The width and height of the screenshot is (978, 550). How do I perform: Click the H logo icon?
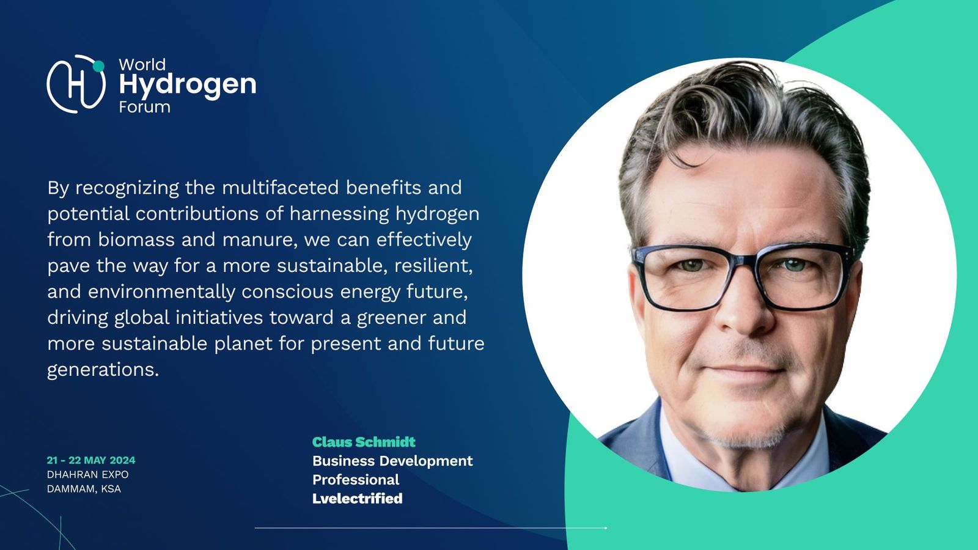[x=76, y=84]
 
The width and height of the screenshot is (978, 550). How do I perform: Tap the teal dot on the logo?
[x=98, y=66]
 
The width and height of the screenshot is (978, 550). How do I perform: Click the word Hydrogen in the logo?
[x=187, y=85]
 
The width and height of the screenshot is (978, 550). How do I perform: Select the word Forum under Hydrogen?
[x=144, y=108]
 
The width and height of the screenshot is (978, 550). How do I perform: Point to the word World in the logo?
[x=142, y=65]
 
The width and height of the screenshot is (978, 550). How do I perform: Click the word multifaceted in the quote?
[x=281, y=188]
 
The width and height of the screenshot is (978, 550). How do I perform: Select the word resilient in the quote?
[x=433, y=265]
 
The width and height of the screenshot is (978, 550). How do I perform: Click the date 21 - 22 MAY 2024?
[x=91, y=460]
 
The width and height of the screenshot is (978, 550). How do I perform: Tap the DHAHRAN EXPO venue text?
[x=88, y=474]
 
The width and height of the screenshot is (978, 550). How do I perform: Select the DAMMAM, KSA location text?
[x=84, y=489]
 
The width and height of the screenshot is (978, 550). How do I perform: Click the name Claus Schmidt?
[x=364, y=442]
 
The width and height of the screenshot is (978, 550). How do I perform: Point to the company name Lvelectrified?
[x=357, y=499]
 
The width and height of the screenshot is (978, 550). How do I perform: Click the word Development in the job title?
[x=425, y=461]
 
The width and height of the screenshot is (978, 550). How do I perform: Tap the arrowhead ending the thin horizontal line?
[x=606, y=528]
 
